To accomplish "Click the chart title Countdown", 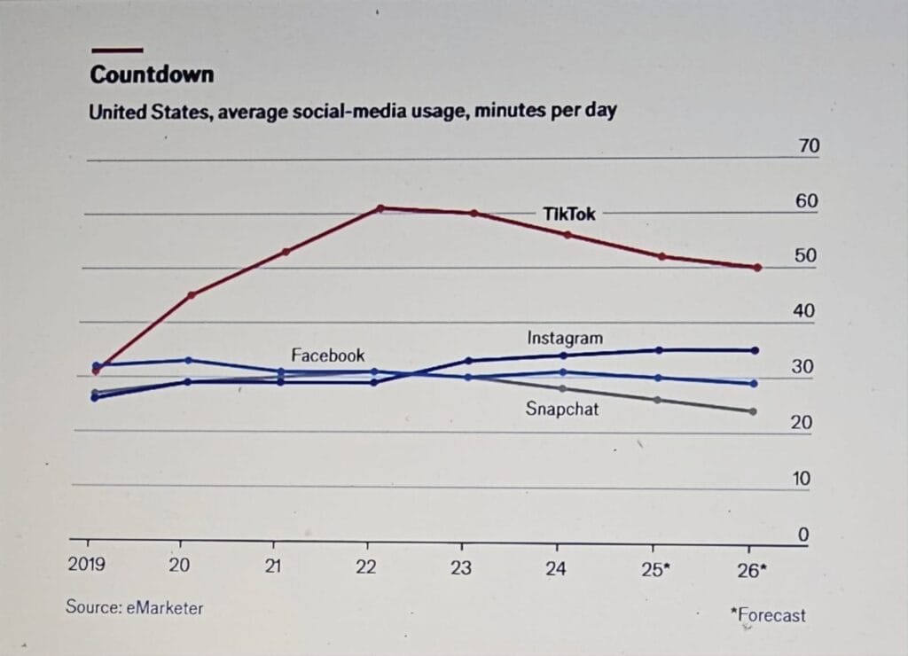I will pos(152,74).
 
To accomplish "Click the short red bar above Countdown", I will pos(116,51).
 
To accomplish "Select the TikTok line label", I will pos(569,214).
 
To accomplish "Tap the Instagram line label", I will pos(565,338).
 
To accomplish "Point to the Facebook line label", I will pos(328,355).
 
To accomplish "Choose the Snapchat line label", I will pos(562,409).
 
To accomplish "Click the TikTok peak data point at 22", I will pos(380,208).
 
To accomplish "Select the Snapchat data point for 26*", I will pos(753,411).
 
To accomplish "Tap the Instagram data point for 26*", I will pos(755,350).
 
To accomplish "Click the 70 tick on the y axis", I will pos(809,147).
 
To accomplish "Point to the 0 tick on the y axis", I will pos(804,535).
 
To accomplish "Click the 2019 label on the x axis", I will pos(87,566).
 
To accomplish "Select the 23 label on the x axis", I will pos(461,567).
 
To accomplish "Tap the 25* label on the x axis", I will pos(654,569).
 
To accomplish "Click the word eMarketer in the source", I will pos(165,607).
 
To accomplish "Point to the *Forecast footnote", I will pos(768,613).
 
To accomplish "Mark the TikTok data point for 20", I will pos(192,294).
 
